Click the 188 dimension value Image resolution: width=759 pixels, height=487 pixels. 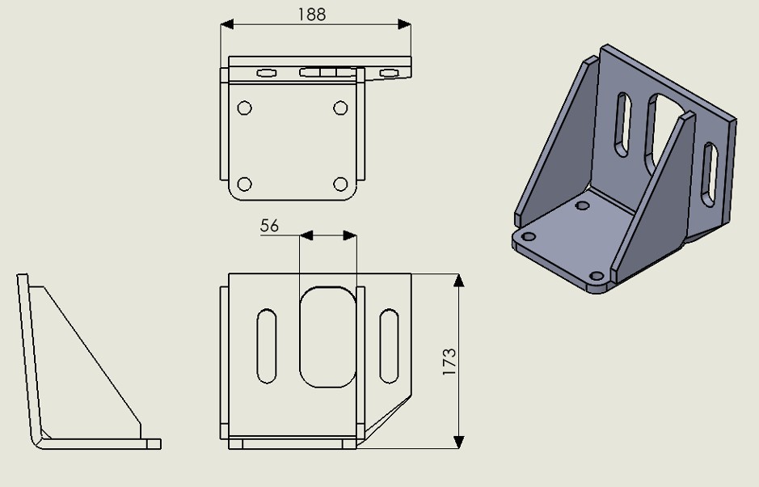pos(312,15)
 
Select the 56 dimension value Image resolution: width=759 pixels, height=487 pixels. pos(270,226)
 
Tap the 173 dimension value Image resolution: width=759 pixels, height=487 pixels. pos(449,362)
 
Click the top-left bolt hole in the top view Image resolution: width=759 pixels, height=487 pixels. pos(244,108)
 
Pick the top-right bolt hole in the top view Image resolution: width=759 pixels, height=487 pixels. pos(340,108)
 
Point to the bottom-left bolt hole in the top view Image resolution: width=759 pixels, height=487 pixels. pos(244,184)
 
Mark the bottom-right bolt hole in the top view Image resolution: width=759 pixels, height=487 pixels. pos(340,184)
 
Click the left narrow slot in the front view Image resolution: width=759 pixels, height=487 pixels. pos(266,346)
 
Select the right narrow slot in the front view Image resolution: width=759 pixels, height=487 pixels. pos(389,346)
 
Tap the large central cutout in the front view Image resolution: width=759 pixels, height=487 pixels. pos(327,337)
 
